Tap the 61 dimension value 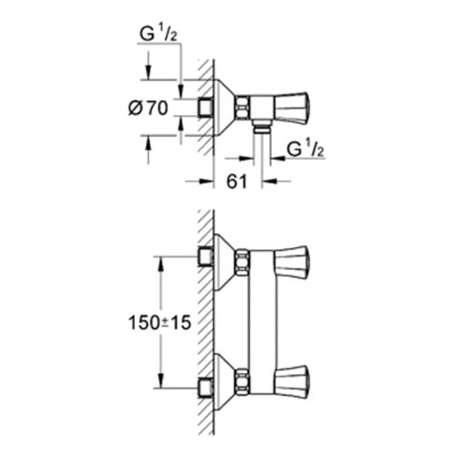click(236, 181)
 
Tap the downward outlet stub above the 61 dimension click(261, 127)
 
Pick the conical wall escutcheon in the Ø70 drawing click(223, 108)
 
